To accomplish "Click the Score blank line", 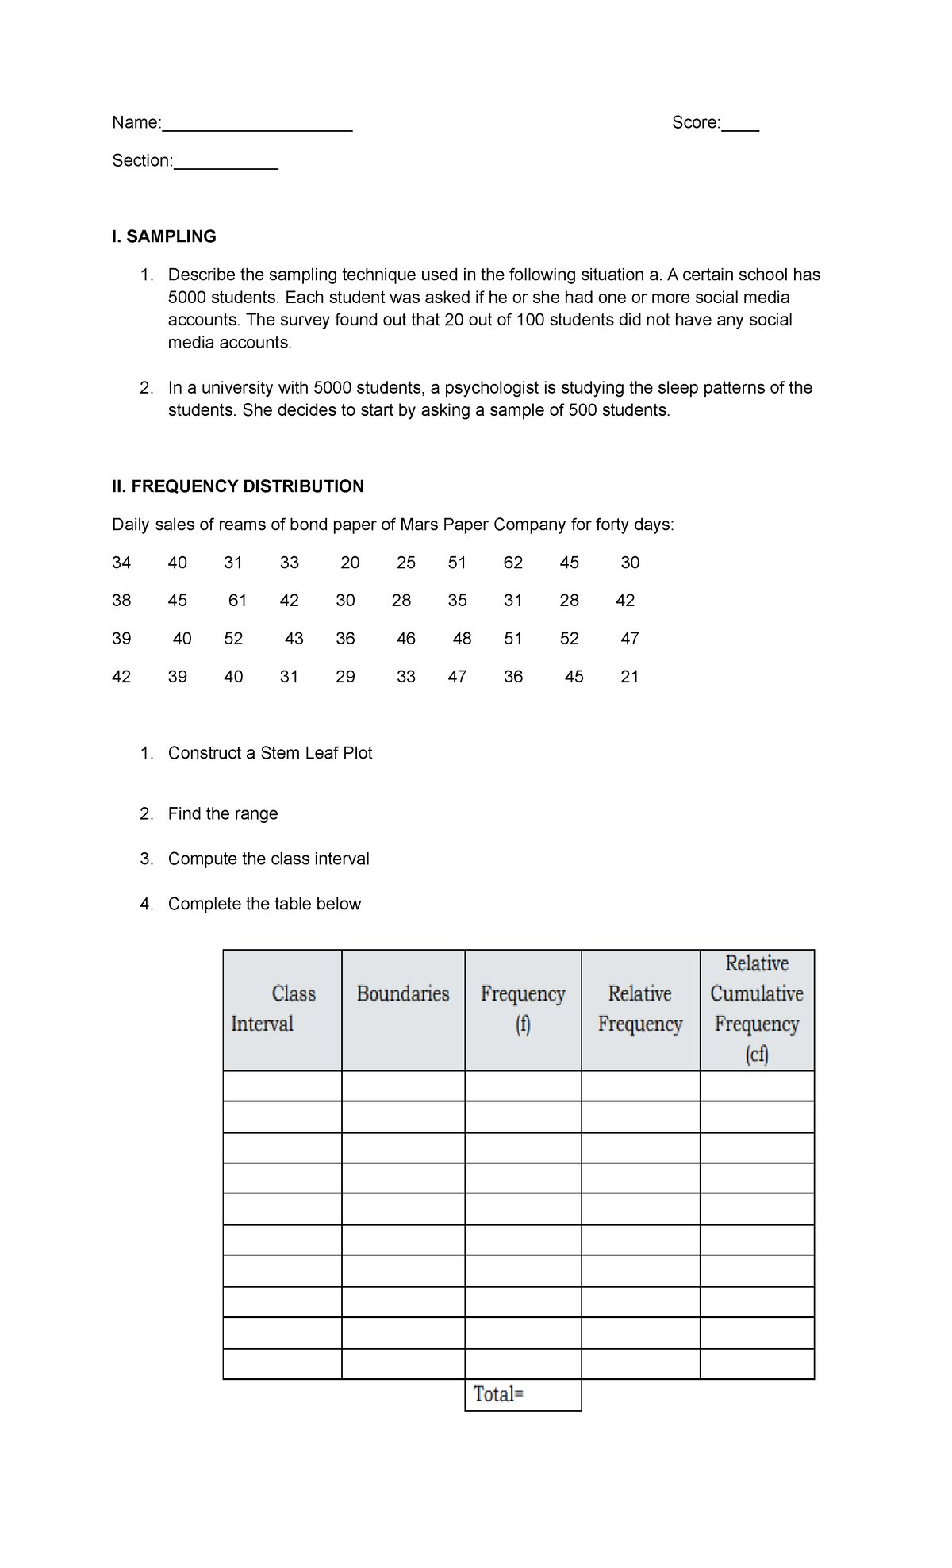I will pyautogui.click(x=739, y=127).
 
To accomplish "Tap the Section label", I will pyautogui.click(x=141, y=161).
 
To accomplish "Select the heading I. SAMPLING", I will pyautogui.click(x=163, y=236).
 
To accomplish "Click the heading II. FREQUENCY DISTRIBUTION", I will pyautogui.click(x=237, y=486).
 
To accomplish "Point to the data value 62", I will pyautogui.click(x=512, y=563).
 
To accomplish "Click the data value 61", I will pyautogui.click(x=237, y=601).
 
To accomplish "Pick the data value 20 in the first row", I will pyautogui.click(x=350, y=563).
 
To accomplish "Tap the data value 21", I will pyautogui.click(x=629, y=677).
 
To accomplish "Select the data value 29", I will pyautogui.click(x=345, y=677).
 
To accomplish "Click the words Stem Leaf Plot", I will pyautogui.click(x=316, y=753).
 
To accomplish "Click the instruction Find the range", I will pyautogui.click(x=222, y=813).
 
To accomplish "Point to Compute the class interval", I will pyautogui.click(x=268, y=859).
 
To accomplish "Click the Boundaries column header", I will pyautogui.click(x=402, y=993).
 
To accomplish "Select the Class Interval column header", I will pyautogui.click(x=274, y=1009).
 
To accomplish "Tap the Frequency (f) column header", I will pyautogui.click(x=522, y=1009).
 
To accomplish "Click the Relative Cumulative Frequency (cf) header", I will pyautogui.click(x=756, y=1009).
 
